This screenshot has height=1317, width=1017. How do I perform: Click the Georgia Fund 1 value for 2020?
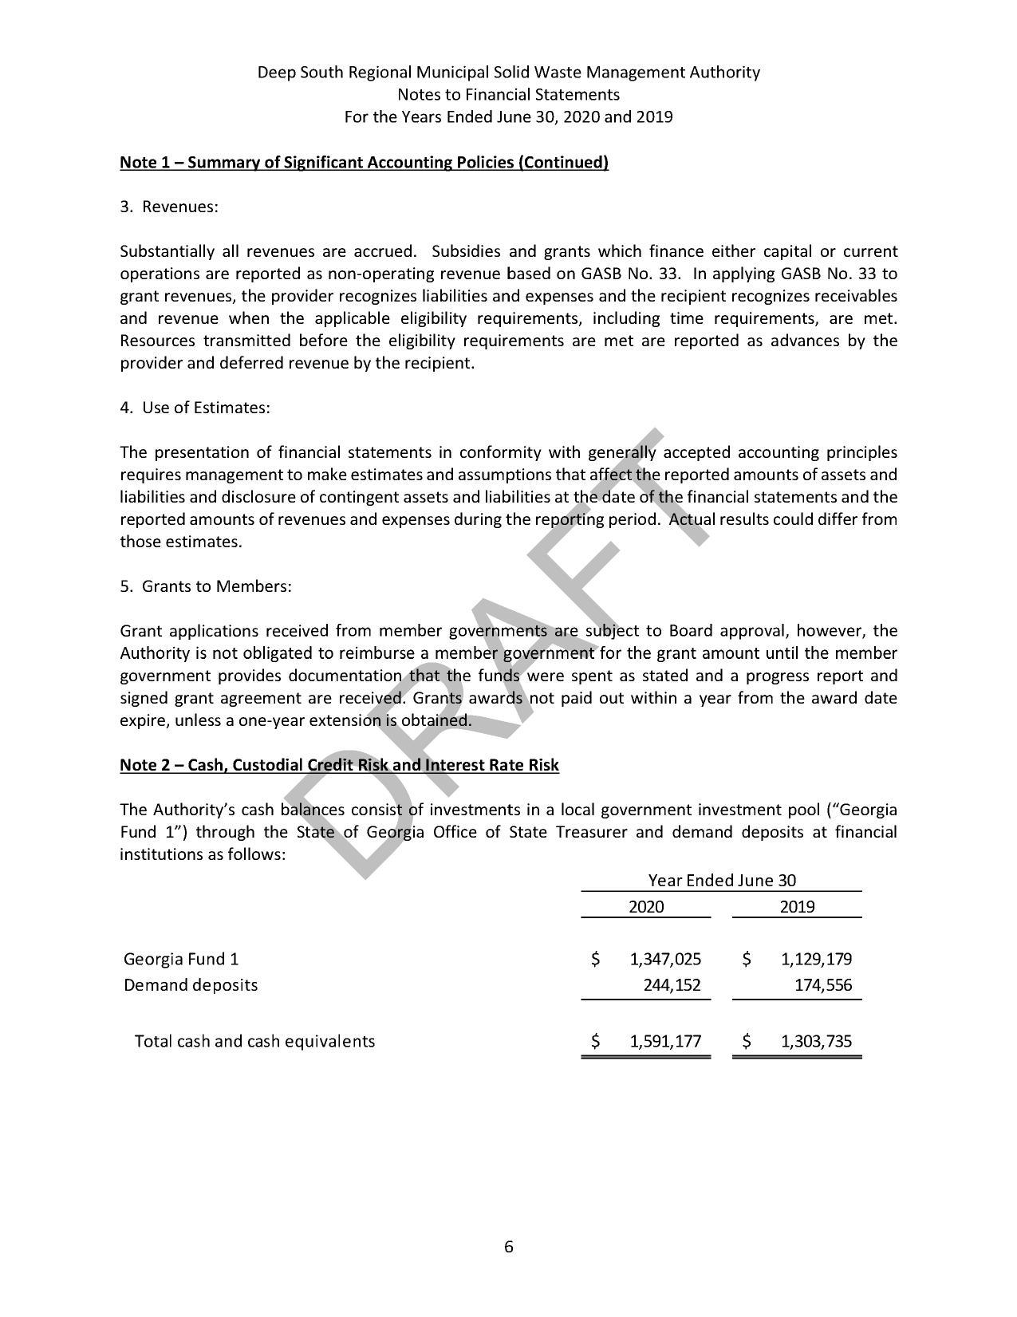pyautogui.click(x=664, y=959)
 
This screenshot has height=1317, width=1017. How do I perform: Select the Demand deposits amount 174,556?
pyautogui.click(x=823, y=985)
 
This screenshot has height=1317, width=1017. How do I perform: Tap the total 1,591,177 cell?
pyautogui.click(x=664, y=1041)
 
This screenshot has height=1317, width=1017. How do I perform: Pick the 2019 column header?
pyautogui.click(x=797, y=906)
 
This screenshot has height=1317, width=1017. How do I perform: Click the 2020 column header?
pyautogui.click(x=645, y=906)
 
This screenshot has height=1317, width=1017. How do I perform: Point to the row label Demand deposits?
pyautogui.click(x=191, y=985)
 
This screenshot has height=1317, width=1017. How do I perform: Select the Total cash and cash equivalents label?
pyautogui.click(x=254, y=1041)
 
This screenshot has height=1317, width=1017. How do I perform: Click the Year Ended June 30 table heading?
pyautogui.click(x=721, y=881)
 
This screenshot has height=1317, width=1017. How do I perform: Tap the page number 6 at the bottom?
pyautogui.click(x=509, y=1247)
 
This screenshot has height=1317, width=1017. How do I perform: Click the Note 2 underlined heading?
pyautogui.click(x=339, y=766)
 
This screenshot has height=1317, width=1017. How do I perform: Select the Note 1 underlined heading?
pyautogui.click(x=364, y=163)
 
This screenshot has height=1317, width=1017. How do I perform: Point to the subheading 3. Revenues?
pyautogui.click(x=169, y=207)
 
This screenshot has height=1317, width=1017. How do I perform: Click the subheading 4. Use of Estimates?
pyautogui.click(x=195, y=408)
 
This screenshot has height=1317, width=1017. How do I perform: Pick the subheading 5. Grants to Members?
pyautogui.click(x=206, y=587)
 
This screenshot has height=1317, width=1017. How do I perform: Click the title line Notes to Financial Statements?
pyautogui.click(x=508, y=95)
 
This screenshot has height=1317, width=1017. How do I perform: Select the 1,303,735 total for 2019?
pyautogui.click(x=816, y=1041)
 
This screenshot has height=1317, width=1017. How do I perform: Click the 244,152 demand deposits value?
pyautogui.click(x=672, y=985)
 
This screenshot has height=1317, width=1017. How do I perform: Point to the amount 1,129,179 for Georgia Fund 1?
pyautogui.click(x=816, y=959)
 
